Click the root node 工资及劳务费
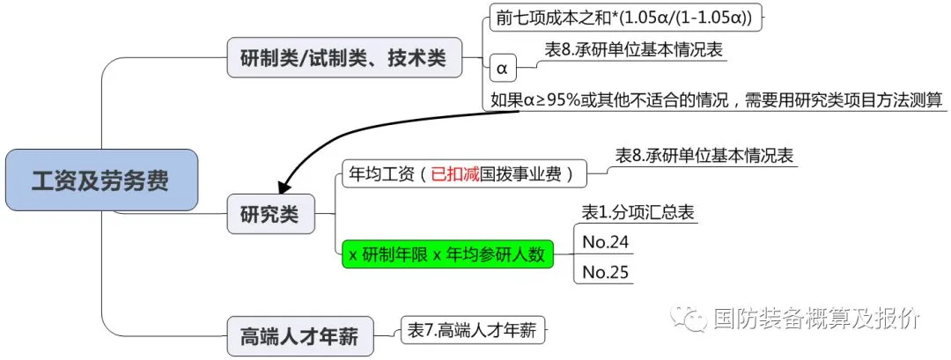pos(100,180)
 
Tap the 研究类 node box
pos(269,213)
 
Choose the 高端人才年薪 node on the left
pos(299,336)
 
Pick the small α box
pos(502,67)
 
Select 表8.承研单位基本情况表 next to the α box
pos(634,50)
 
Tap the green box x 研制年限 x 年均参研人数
pos(447,254)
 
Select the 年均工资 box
pos(462,174)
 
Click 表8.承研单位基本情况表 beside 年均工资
pos(704,155)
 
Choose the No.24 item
pos(606,241)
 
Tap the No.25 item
pos(606,272)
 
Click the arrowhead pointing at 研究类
pos(284,187)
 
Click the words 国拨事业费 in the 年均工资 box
pos(524,174)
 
